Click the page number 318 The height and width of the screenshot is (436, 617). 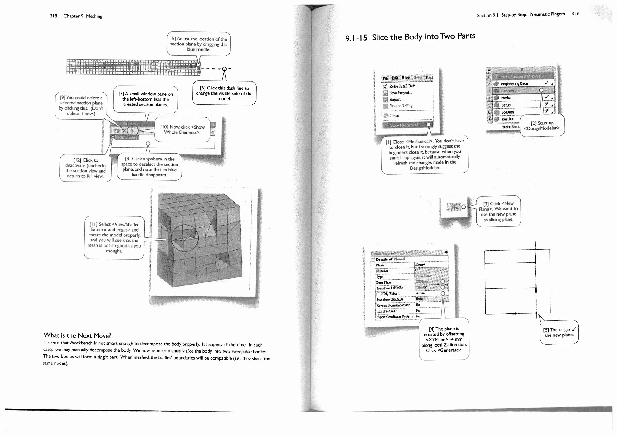(x=53, y=16)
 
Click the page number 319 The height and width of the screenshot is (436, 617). (x=575, y=14)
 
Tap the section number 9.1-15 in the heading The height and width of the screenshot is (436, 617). (x=356, y=38)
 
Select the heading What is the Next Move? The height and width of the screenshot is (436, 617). (x=77, y=335)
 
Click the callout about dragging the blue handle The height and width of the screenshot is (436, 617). (x=198, y=44)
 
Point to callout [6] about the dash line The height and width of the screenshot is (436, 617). (x=224, y=93)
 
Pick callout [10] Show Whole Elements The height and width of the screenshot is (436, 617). (x=182, y=129)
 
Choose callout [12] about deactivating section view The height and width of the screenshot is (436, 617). (x=85, y=168)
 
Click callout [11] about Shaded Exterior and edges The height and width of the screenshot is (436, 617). (x=114, y=237)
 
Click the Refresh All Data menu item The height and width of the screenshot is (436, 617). (x=402, y=86)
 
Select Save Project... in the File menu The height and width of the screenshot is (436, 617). (x=400, y=93)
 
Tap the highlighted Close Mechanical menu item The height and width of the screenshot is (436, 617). (x=404, y=125)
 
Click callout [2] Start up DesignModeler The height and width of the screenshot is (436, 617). (x=542, y=126)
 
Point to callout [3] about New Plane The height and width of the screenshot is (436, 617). (x=498, y=211)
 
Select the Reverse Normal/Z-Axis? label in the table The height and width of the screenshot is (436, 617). (x=393, y=305)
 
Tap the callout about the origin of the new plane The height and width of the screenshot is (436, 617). (x=559, y=332)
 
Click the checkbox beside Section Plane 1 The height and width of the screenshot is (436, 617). (x=113, y=137)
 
